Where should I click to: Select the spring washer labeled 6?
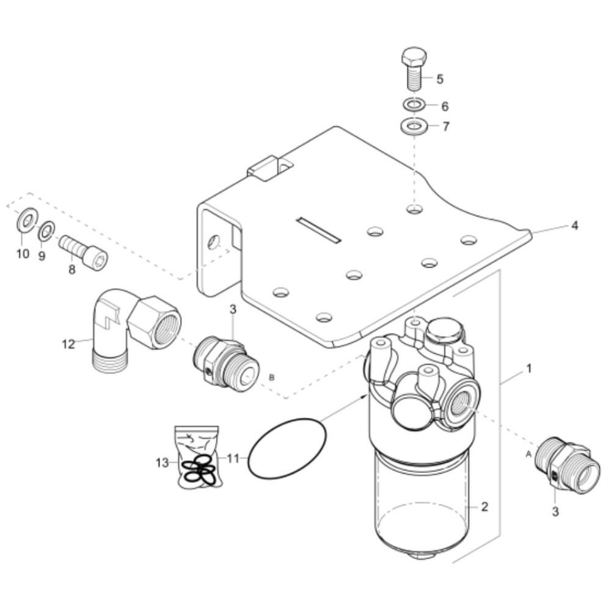[414, 105]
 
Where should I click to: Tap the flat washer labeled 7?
[414, 125]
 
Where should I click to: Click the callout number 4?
[574, 225]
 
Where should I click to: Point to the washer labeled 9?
[46, 232]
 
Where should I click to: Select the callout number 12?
[68, 344]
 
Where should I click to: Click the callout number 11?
[233, 459]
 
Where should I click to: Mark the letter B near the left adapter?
[272, 378]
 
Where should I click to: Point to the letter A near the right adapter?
[529, 454]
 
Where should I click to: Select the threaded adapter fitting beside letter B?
[226, 361]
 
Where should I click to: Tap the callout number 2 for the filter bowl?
[485, 507]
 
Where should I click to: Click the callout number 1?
[529, 368]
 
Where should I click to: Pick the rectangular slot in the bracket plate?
[318, 230]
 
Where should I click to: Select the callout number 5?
[439, 79]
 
